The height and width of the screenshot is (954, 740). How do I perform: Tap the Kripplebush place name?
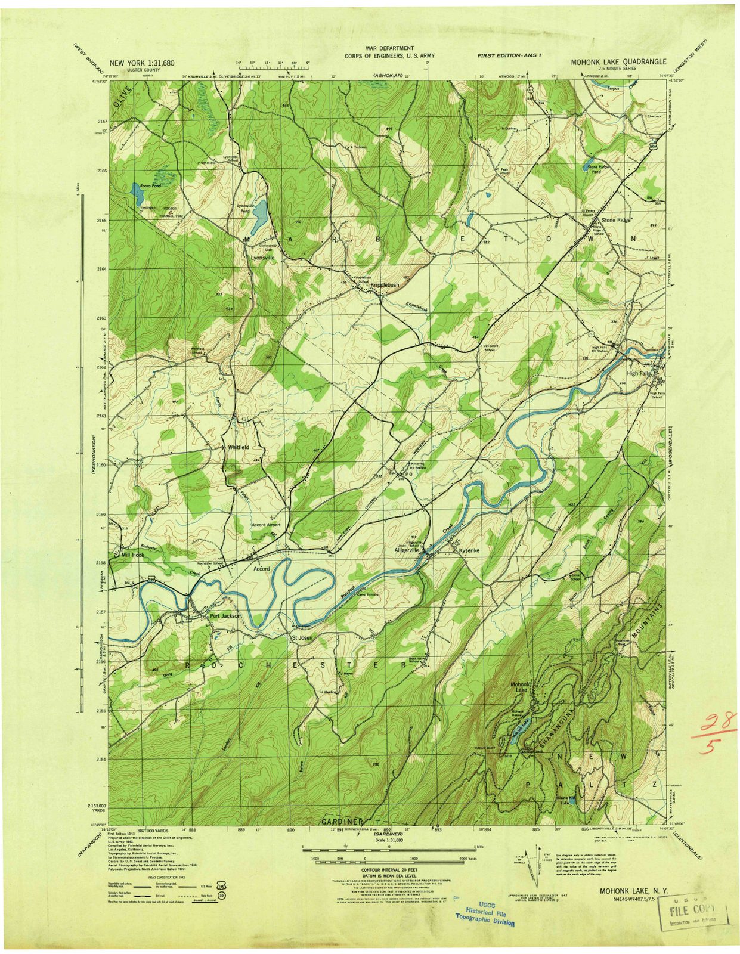click(x=385, y=286)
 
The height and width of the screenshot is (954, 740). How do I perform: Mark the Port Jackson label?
click(x=225, y=616)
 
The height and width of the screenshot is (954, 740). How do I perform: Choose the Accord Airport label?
click(x=265, y=525)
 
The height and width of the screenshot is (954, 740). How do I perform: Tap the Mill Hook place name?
click(x=132, y=555)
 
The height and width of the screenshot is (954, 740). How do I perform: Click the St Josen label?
click(x=302, y=638)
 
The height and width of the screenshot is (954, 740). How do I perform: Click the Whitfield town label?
click(x=237, y=447)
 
